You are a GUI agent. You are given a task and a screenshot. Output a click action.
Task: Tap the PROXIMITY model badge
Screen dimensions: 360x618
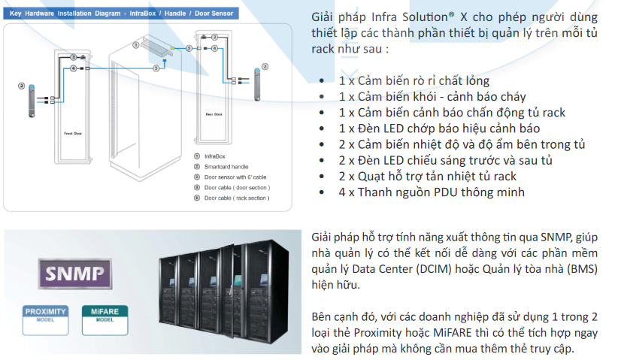45,314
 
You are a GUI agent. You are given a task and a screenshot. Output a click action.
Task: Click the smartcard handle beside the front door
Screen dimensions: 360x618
32,101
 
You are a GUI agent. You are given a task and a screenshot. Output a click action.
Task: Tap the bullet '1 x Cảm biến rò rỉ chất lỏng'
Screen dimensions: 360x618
414,81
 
